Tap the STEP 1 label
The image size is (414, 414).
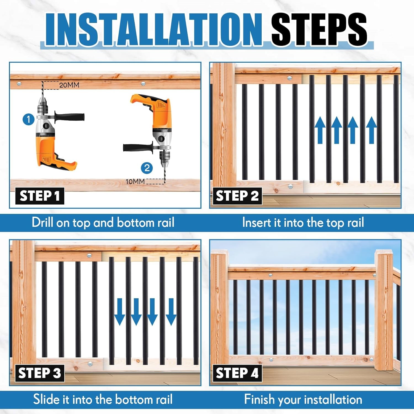40,196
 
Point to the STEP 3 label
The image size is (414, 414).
40,373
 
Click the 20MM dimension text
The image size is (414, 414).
69,85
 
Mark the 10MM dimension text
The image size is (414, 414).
135,182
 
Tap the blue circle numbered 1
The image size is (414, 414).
28,120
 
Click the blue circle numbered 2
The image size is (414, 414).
147,168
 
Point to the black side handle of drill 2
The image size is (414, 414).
138,147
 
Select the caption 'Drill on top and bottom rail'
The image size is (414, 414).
103,222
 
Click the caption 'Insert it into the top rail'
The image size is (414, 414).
303,222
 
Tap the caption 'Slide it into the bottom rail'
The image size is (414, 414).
103,399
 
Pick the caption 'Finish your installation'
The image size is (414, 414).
303,399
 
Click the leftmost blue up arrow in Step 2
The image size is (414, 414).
320,130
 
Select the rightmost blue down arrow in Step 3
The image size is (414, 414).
171,312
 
